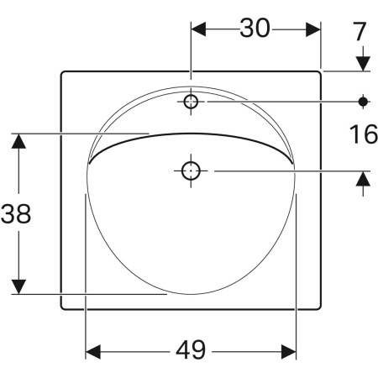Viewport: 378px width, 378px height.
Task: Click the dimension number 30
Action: [255, 29]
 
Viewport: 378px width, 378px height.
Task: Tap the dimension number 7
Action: [360, 32]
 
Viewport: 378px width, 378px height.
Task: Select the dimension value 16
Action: [364, 134]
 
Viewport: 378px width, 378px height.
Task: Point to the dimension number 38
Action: [16, 213]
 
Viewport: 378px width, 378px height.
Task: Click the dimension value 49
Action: [191, 350]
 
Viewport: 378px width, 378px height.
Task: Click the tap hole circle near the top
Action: [191, 102]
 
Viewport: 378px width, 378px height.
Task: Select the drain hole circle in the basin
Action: [191, 171]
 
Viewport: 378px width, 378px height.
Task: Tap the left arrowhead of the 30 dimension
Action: [198, 29]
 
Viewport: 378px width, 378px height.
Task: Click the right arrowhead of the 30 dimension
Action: [313, 29]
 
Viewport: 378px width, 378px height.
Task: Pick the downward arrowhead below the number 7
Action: [363, 64]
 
